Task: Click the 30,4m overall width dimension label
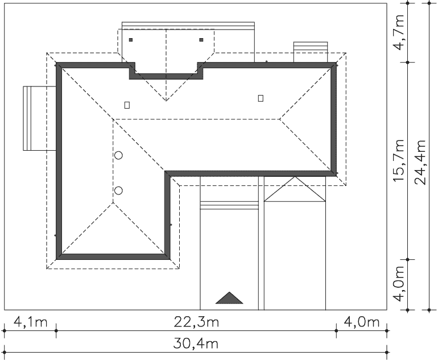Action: (x=196, y=344)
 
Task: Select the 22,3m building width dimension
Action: (x=196, y=322)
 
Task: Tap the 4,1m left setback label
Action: (x=31, y=322)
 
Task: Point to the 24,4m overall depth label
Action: (x=420, y=162)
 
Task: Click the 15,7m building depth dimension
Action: (x=399, y=160)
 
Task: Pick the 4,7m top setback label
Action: (x=399, y=32)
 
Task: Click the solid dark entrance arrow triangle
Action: (x=229, y=297)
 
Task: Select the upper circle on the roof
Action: (x=118, y=155)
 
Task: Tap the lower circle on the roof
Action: (x=118, y=191)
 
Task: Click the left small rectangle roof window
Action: (x=127, y=105)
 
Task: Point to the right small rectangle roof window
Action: (x=261, y=98)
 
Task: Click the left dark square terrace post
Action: (x=131, y=40)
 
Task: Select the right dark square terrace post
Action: (x=201, y=40)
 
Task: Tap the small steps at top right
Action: (x=311, y=52)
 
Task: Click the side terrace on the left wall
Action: (x=40, y=118)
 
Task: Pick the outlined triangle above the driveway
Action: (x=295, y=189)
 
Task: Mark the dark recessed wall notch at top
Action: (x=166, y=71)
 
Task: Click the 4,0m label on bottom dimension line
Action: (x=361, y=322)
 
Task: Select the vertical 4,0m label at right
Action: (x=399, y=284)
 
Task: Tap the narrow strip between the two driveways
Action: (x=261, y=243)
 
